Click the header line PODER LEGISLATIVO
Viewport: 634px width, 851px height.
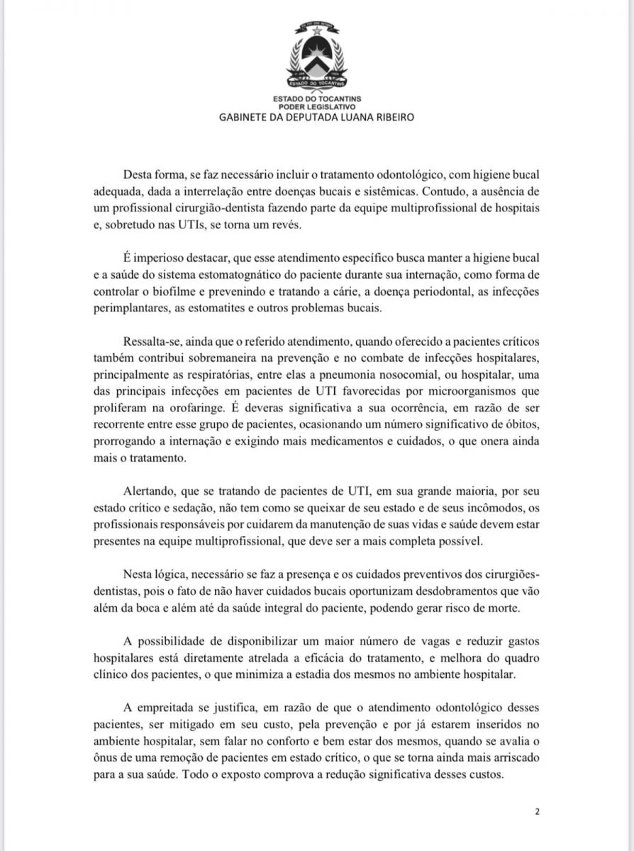point(316,106)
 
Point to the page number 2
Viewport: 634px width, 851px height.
point(537,812)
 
